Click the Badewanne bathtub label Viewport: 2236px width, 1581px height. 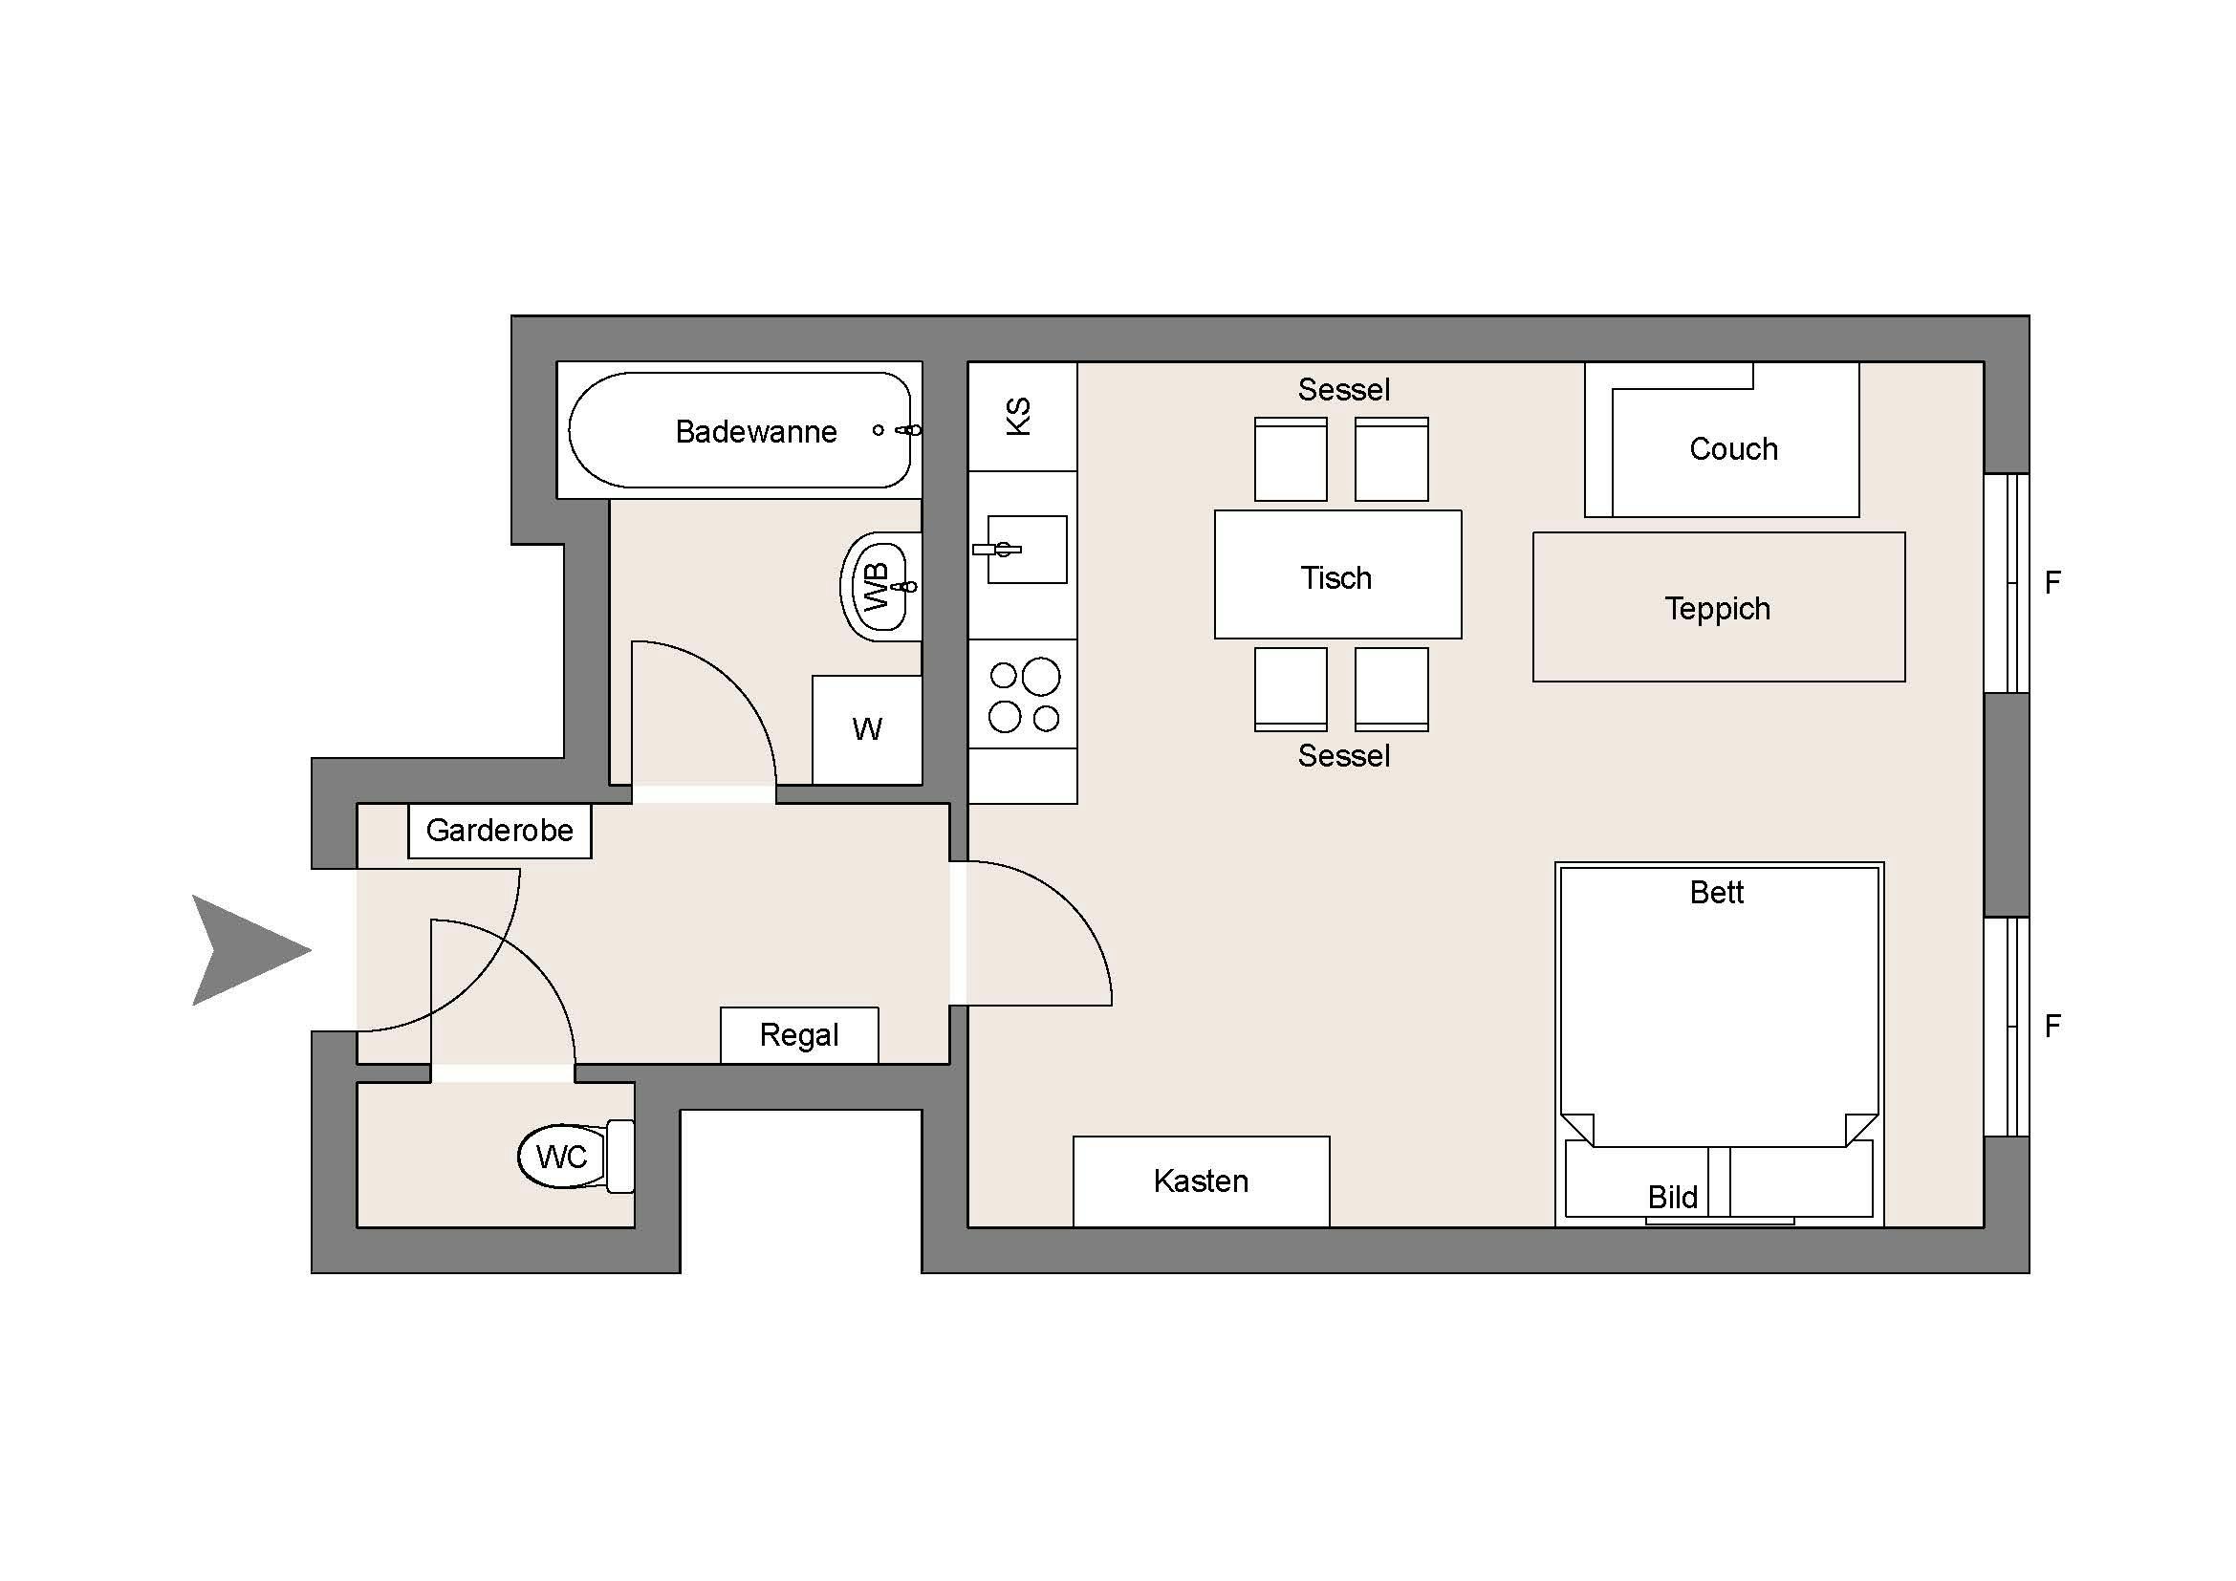pos(756,431)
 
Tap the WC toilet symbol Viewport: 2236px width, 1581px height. pos(575,1156)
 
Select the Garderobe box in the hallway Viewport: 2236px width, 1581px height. pos(500,831)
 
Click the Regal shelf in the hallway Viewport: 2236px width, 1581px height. pos(799,1035)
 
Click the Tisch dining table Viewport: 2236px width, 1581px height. pos(1338,574)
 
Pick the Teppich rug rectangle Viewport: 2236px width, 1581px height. pos(1719,607)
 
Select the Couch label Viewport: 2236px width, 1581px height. pos(1733,449)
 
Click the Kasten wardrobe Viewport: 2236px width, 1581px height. pos(1201,1180)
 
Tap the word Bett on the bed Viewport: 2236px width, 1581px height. pos(1717,892)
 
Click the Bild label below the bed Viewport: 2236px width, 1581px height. pos(1672,1197)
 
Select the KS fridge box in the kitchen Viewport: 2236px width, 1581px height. pos(1023,417)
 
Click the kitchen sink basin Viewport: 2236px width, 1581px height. pos(1028,549)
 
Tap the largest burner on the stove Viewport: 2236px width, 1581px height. pos(1041,677)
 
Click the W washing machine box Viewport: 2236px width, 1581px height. pos(867,729)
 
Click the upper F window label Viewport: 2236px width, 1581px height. pos(2051,583)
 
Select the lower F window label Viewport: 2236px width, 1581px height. pos(2051,1026)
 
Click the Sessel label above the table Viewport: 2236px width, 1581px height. pos(1343,389)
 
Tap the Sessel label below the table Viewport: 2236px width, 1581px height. pos(1343,755)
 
